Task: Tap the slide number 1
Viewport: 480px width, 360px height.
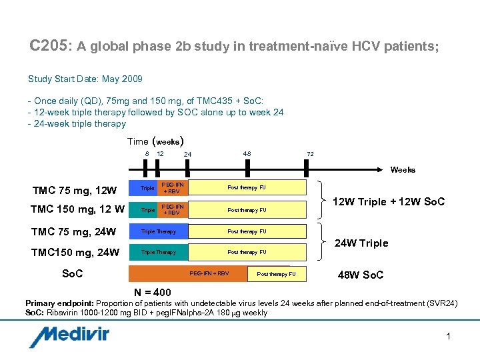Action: coord(449,337)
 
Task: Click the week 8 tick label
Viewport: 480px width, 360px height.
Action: coord(147,154)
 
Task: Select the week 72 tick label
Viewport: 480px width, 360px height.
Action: coord(310,154)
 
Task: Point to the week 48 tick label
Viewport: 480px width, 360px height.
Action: coord(247,154)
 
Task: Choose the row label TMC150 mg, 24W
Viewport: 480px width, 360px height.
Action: coord(74,252)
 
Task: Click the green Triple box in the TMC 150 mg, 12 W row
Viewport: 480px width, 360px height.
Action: coord(147,210)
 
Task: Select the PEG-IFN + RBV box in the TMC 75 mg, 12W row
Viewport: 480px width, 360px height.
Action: coord(173,188)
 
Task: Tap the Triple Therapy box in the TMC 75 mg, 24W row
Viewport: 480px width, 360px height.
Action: coord(159,231)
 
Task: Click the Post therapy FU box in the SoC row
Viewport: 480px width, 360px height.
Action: coord(276,274)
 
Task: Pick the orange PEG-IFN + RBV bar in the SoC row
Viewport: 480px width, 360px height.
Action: coord(200,274)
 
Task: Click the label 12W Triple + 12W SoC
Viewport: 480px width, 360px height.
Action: coord(389,202)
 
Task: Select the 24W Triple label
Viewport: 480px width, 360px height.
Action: coord(361,243)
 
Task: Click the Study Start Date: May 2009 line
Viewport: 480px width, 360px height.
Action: coord(85,79)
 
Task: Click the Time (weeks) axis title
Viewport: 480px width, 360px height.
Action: coord(155,141)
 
